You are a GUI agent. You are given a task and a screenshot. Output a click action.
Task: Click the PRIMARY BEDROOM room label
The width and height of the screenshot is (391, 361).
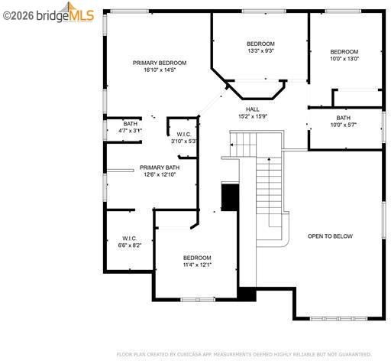point(160,63)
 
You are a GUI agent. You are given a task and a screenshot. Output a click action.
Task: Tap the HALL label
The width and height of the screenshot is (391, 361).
point(253,109)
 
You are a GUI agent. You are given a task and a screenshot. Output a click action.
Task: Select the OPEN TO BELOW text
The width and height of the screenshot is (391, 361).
point(330,236)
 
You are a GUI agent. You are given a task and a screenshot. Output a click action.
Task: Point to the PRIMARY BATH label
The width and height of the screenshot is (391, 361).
point(160,167)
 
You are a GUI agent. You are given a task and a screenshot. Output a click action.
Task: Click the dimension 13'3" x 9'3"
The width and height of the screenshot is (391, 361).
point(260,50)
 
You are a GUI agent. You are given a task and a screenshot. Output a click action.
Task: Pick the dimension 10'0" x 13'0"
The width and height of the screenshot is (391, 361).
point(344,59)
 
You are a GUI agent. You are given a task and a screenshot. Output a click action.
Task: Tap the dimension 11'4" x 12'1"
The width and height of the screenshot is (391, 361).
point(197,265)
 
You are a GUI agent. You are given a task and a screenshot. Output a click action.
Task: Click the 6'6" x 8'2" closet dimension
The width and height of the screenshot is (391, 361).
point(130,246)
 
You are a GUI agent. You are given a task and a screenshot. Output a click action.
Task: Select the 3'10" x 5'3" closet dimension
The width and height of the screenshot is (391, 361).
point(184,141)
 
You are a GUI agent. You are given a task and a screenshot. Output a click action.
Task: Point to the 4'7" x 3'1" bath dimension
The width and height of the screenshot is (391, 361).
point(130,131)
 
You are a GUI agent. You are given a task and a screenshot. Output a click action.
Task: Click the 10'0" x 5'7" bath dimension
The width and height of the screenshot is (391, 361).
point(344,125)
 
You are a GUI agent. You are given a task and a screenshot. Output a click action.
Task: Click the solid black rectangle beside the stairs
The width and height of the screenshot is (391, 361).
point(230,197)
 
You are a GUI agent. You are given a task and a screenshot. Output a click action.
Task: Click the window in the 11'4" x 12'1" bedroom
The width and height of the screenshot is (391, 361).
point(198,300)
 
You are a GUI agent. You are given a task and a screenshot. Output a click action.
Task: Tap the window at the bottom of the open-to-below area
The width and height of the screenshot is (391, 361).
point(339,318)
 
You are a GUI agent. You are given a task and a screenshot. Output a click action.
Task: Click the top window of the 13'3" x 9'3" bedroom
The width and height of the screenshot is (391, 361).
point(264,11)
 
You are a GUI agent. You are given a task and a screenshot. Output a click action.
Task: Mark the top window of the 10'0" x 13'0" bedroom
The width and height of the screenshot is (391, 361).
point(343,11)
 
